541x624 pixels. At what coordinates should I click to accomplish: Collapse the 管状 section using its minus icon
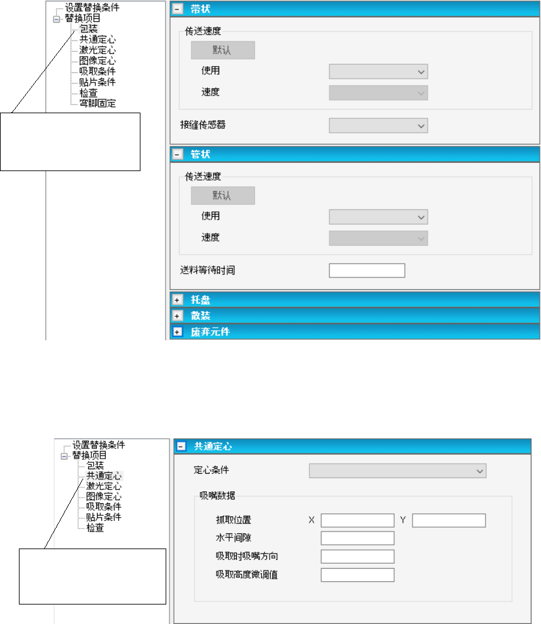[178, 154]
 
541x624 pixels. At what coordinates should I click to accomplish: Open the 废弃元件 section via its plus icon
[178, 331]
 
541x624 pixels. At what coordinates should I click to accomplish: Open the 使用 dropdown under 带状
[379, 71]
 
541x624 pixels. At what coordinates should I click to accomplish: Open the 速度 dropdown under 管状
[379, 238]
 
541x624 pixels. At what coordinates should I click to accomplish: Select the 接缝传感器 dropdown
[379, 126]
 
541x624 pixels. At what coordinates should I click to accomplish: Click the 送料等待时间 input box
[367, 271]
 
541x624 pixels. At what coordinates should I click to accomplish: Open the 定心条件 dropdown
[397, 471]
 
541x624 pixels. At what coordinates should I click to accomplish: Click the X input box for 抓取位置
[357, 520]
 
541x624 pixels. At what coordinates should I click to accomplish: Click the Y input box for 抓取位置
[448, 520]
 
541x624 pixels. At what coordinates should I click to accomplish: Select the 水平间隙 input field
[357, 538]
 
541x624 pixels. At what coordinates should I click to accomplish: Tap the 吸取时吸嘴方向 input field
[357, 557]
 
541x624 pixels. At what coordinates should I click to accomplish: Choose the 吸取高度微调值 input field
[357, 575]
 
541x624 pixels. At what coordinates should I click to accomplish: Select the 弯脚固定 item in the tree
[93, 103]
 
